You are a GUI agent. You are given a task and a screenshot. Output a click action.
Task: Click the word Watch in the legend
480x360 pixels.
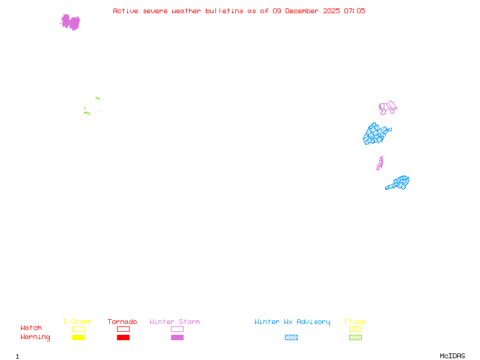pyautogui.click(x=31, y=328)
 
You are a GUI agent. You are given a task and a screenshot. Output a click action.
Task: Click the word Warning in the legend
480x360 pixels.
pyautogui.click(x=35, y=337)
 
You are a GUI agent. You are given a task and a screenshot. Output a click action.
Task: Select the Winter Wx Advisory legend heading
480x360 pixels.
pyautogui.click(x=292, y=322)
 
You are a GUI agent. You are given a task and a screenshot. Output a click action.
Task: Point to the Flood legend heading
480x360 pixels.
pyautogui.click(x=355, y=322)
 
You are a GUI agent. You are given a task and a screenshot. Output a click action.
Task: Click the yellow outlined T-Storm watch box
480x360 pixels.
pyautogui.click(x=78, y=329)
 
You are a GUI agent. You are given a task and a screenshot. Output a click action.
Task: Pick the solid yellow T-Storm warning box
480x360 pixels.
pyautogui.click(x=78, y=337)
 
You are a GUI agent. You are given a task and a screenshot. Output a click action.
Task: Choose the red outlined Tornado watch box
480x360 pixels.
pyautogui.click(x=123, y=329)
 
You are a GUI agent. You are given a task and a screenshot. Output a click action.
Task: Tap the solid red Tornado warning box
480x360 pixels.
pyautogui.click(x=123, y=337)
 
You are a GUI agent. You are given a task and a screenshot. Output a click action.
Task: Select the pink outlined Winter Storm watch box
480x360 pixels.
pyautogui.click(x=177, y=329)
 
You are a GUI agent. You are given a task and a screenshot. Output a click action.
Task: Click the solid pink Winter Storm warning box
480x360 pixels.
pyautogui.click(x=177, y=337)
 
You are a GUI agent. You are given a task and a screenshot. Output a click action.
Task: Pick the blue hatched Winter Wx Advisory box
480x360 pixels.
pyautogui.click(x=291, y=337)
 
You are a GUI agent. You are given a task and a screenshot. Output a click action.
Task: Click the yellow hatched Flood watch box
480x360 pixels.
pyautogui.click(x=355, y=329)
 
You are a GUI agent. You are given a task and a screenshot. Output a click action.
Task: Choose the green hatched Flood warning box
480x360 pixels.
pyautogui.click(x=355, y=337)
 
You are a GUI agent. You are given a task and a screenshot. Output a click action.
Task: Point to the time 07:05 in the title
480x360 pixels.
pyautogui.click(x=353, y=11)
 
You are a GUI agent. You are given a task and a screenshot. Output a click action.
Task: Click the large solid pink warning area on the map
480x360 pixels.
pyautogui.click(x=70, y=22)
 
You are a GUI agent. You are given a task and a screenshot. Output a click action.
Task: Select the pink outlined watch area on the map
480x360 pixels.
pyautogui.click(x=388, y=108)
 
